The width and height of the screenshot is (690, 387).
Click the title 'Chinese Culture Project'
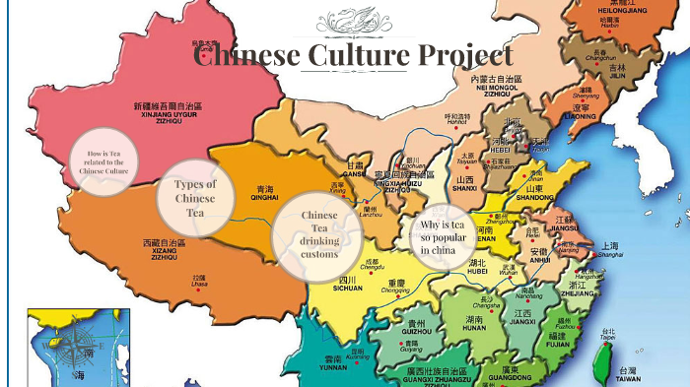tap(353, 55)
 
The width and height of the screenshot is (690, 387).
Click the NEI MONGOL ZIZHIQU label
tap(495, 88)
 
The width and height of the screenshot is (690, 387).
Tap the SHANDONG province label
tap(534, 197)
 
